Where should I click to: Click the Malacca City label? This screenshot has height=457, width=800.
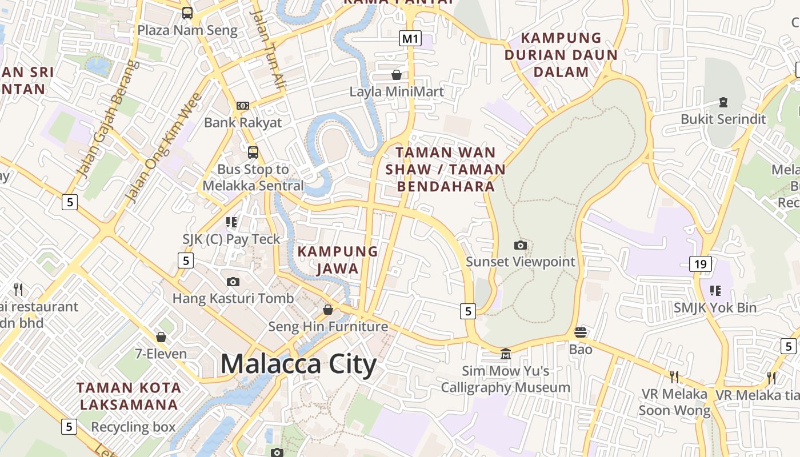tap(298, 364)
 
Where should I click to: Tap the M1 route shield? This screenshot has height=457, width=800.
tap(410, 38)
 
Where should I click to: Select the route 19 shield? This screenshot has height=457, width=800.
tap(701, 263)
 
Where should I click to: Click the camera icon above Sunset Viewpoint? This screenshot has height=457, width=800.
tap(521, 245)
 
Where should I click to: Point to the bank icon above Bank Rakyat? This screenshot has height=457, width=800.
tap(243, 106)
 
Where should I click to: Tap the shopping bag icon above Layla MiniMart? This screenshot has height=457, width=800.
tap(396, 75)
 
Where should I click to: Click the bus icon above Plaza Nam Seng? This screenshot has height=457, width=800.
tap(187, 13)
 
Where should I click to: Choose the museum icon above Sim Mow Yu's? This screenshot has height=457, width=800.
tap(505, 354)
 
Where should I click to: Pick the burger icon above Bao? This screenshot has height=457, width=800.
tap(581, 332)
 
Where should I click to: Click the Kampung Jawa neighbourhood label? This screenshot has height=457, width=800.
tap(338, 260)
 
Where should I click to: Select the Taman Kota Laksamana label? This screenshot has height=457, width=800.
tap(129, 396)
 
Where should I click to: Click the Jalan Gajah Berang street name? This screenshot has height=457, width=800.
tap(108, 119)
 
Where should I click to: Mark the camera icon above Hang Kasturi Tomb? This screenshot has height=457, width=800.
tap(233, 282)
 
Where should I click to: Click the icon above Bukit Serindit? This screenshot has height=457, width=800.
tap(723, 102)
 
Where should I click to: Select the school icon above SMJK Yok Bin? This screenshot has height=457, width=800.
tap(715, 291)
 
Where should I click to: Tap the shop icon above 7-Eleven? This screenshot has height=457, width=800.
tap(161, 337)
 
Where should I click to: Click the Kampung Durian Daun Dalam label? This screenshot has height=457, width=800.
tap(561, 55)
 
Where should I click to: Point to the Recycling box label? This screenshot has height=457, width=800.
tap(133, 427)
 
